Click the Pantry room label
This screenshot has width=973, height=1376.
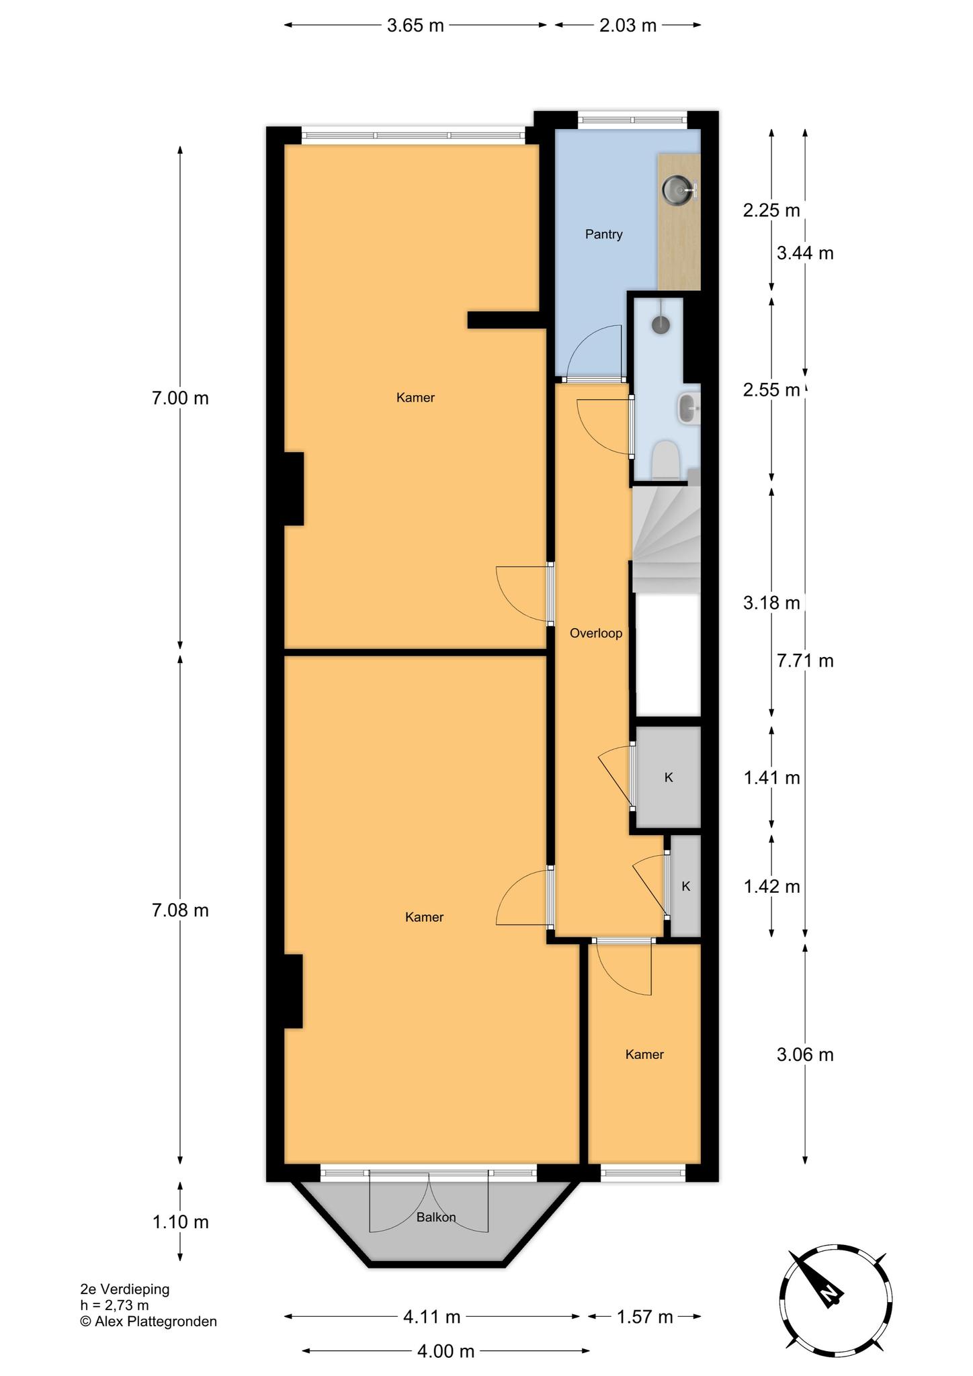(603, 234)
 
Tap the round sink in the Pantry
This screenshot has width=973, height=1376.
(677, 189)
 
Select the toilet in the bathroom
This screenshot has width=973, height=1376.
(667, 461)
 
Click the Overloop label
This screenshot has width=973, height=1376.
(596, 633)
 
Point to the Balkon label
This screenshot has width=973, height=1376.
(436, 1217)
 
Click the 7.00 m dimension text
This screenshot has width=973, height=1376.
(180, 398)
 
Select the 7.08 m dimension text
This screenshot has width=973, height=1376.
(180, 910)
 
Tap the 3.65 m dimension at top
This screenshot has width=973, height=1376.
(416, 26)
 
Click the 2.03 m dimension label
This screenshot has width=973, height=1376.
(628, 26)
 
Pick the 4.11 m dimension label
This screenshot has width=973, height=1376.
(432, 1317)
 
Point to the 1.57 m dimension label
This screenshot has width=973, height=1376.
(645, 1317)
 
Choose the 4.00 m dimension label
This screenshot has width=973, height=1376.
(446, 1351)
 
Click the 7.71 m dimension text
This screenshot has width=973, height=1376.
(805, 661)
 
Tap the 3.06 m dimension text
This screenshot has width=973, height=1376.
(805, 1055)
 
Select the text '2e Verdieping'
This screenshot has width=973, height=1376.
(125, 1289)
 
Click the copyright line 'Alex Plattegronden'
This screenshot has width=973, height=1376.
(155, 1322)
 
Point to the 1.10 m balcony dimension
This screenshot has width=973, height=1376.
(180, 1222)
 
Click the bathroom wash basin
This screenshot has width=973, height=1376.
(688, 408)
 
